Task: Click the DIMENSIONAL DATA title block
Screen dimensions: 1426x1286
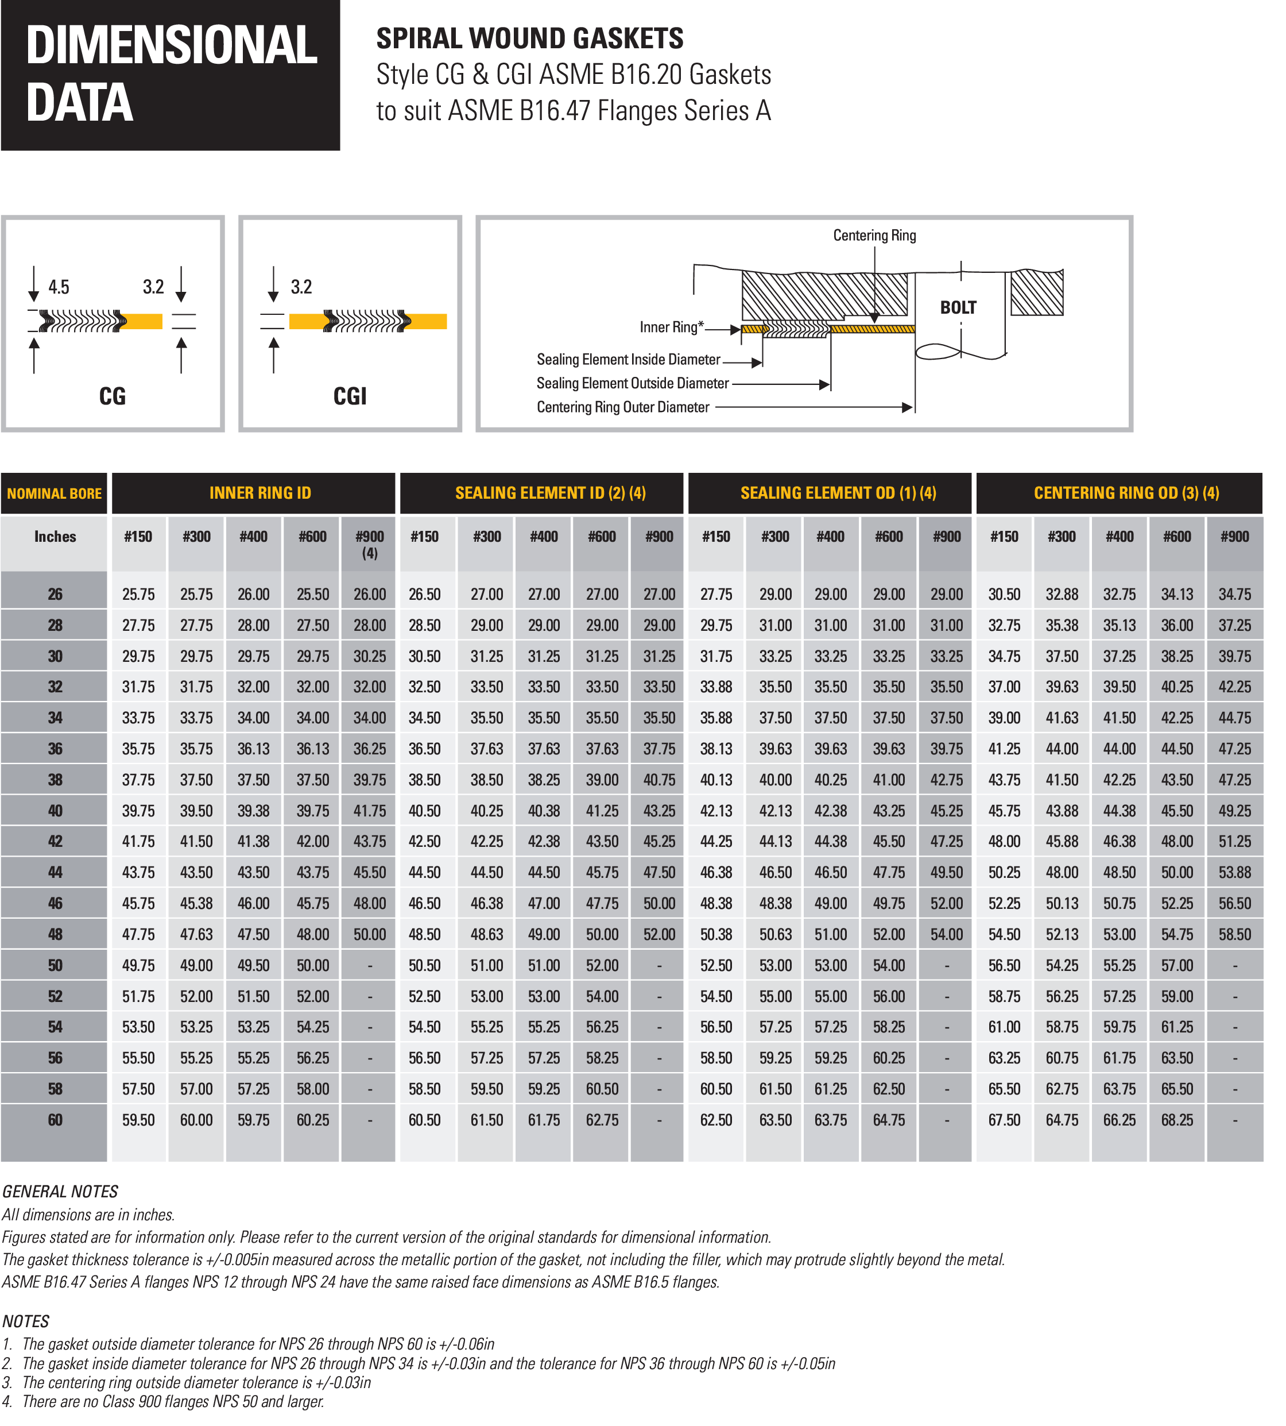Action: [x=171, y=74]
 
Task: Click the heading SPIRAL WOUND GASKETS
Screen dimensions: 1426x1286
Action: [x=529, y=38]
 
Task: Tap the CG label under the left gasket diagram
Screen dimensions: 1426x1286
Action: [x=113, y=396]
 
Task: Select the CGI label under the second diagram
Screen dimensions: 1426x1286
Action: [x=350, y=396]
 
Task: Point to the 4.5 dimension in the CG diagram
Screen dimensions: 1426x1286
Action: [x=59, y=287]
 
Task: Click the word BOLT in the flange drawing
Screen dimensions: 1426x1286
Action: [x=958, y=307]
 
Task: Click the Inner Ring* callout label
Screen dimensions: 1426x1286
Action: [x=671, y=327]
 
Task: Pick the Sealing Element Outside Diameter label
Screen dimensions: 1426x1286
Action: [x=633, y=383]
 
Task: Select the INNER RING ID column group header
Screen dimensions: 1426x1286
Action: [x=260, y=493]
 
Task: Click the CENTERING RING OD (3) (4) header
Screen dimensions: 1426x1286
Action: [x=1126, y=493]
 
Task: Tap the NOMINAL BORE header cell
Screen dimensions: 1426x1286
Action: [x=55, y=494]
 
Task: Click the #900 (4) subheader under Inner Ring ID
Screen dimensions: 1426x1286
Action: [x=370, y=545]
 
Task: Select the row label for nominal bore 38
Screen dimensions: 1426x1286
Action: [x=55, y=780]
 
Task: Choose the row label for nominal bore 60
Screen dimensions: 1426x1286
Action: [x=55, y=1120]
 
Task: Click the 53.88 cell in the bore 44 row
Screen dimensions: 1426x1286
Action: [x=1234, y=872]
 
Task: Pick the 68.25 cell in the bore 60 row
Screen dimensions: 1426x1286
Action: [x=1176, y=1120]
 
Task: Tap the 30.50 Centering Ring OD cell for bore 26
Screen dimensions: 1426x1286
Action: [x=1004, y=595]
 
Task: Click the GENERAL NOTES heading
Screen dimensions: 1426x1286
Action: [x=60, y=1191]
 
